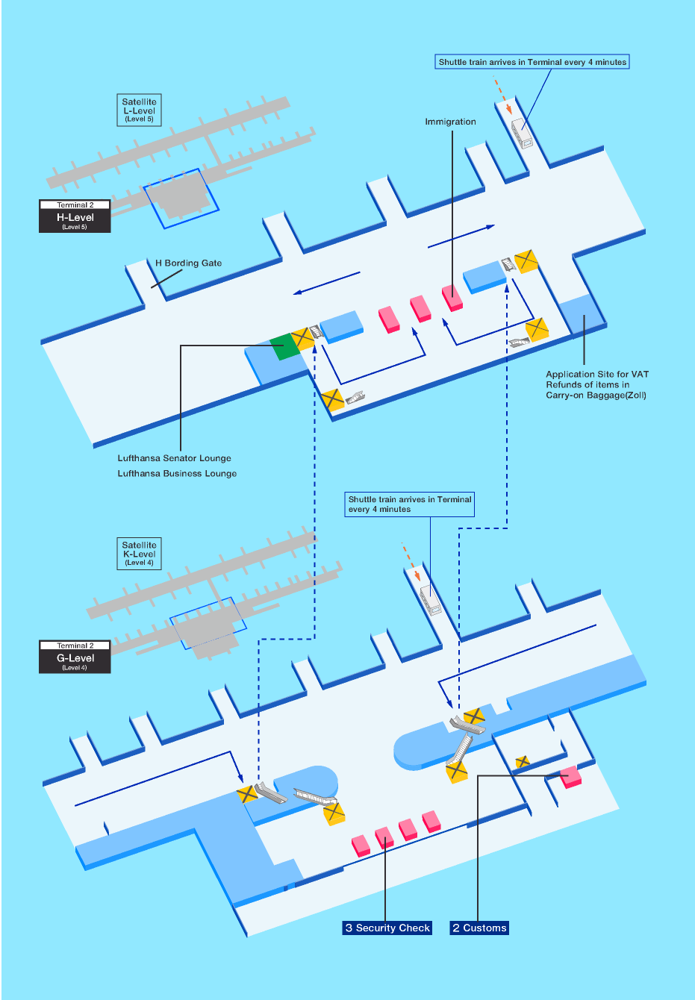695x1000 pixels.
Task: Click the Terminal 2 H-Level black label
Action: [x=75, y=216]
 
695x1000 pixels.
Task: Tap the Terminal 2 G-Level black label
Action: [x=75, y=657]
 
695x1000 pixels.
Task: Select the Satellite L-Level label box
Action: [x=139, y=110]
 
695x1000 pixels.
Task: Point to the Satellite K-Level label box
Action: [x=139, y=554]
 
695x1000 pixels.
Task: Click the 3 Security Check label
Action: [x=387, y=928]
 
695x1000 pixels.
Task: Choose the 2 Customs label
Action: [x=479, y=928]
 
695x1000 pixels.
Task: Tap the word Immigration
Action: [x=450, y=122]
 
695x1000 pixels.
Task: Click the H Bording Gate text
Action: [x=188, y=263]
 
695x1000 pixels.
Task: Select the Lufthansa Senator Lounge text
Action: [x=174, y=458]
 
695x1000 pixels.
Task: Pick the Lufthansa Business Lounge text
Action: [x=177, y=473]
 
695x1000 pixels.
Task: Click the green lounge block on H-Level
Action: [x=284, y=346]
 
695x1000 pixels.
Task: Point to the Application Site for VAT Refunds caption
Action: [x=596, y=384]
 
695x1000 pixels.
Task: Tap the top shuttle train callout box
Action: [x=532, y=62]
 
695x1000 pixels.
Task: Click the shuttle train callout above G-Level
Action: [x=410, y=504]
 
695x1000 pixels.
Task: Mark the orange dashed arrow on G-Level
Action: [x=411, y=560]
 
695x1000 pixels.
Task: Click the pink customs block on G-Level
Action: [x=571, y=777]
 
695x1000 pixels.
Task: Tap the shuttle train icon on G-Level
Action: [x=431, y=599]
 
